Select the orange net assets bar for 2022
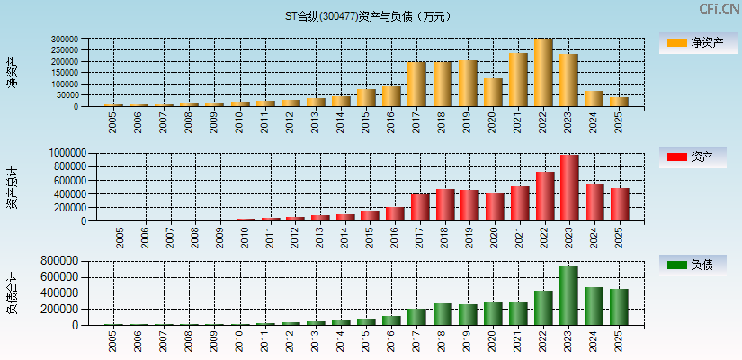click(543, 73)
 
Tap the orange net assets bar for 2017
click(416, 85)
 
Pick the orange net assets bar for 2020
click(492, 93)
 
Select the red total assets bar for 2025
click(620, 205)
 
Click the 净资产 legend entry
click(693, 42)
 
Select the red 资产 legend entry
click(693, 157)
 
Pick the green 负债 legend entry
click(693, 265)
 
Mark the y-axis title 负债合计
click(12, 292)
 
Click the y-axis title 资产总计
click(12, 186)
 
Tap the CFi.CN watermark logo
click(720, 9)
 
